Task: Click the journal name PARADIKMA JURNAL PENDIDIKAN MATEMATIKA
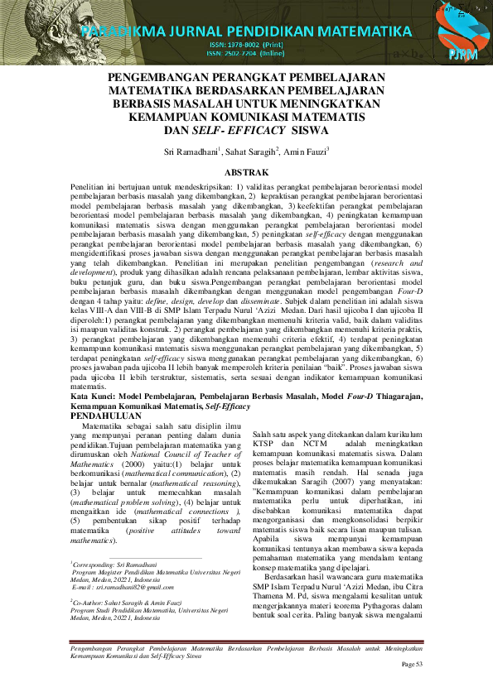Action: tap(246, 32)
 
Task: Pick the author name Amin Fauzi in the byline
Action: tap(303, 153)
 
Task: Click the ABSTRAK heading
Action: tap(246, 172)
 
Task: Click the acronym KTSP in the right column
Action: tap(265, 445)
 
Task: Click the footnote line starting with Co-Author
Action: tap(135, 605)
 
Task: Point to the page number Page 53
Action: tap(412, 665)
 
